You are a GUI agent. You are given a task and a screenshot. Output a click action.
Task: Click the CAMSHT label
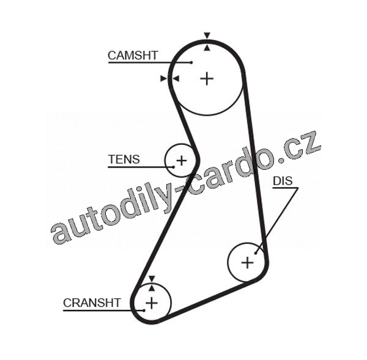[133, 56]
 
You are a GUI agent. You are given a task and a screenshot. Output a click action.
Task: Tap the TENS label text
[124, 160]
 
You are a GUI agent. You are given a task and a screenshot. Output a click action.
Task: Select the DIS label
[283, 181]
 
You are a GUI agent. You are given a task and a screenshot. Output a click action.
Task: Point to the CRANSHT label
[92, 303]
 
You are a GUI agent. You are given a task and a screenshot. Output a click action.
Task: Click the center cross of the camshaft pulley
[207, 79]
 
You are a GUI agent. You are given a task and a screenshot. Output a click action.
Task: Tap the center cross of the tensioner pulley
[182, 161]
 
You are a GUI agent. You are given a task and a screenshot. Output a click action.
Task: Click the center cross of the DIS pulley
[247, 262]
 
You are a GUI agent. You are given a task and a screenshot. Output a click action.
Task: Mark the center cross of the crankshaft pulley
[152, 303]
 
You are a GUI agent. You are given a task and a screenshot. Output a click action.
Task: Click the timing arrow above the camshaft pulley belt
[207, 35]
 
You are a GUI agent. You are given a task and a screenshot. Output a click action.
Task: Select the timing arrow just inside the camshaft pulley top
[207, 48]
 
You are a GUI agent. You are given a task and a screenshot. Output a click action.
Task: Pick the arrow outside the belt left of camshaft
[164, 79]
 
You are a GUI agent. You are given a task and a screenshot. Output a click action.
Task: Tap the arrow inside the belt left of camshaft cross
[176, 79]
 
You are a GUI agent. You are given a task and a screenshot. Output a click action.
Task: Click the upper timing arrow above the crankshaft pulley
[152, 279]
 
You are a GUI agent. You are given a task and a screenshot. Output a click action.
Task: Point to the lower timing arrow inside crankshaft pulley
[152, 288]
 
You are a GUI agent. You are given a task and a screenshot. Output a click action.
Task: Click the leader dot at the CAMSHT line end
[191, 62]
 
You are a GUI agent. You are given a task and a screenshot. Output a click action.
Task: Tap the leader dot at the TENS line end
[174, 167]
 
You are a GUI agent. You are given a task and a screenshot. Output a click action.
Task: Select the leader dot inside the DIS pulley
[256, 253]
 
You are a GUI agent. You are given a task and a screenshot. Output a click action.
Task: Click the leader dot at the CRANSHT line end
[144, 310]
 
